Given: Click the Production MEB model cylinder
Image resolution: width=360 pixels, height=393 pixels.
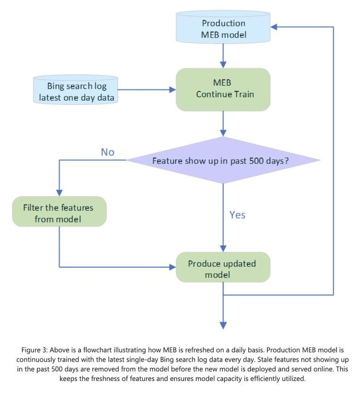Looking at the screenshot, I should point(223,28).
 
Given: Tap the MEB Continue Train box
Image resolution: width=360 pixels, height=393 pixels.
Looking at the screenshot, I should point(223,89).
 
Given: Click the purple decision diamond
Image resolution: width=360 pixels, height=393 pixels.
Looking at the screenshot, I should point(223,160).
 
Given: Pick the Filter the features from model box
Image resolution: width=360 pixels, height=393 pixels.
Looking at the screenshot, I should point(58,213).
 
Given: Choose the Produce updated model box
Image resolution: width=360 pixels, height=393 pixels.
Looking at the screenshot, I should point(222,269).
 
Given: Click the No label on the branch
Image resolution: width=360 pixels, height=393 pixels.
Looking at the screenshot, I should point(108,152).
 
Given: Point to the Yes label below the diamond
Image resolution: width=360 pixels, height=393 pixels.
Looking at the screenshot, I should point(237,214).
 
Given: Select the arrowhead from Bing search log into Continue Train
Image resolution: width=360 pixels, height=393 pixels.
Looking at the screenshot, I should point(173,90).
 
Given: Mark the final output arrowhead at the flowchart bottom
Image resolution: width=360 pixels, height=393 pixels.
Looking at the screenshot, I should point(223,324).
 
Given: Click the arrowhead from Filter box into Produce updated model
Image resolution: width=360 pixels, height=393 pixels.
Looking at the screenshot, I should point(173,267).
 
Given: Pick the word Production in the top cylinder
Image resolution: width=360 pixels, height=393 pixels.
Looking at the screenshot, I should point(223,23).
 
